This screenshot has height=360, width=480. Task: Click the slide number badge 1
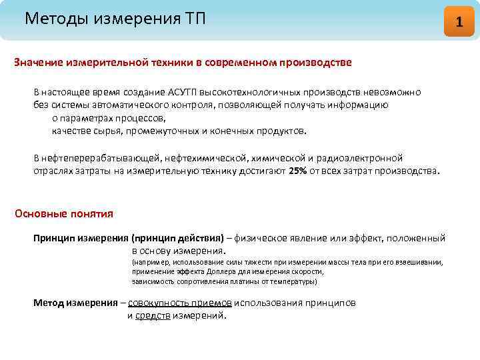pyautogui.click(x=458, y=21)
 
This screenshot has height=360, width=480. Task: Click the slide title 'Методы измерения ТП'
pyautogui.click(x=115, y=18)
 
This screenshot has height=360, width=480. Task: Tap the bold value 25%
pyautogui.click(x=297, y=171)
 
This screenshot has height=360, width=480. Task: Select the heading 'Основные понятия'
pyautogui.click(x=64, y=214)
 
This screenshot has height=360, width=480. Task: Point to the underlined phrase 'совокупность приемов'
pyautogui.click(x=180, y=303)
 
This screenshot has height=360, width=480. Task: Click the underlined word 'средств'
pyautogui.click(x=153, y=315)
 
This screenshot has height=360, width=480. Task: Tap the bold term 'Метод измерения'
pyautogui.click(x=75, y=303)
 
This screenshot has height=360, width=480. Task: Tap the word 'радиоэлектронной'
pyautogui.click(x=364, y=159)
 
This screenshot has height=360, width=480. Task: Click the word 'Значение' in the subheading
pyautogui.click(x=39, y=63)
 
